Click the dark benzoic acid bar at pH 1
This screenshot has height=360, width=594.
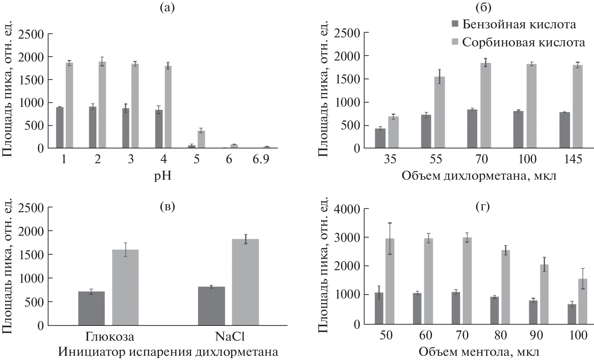click(x=60, y=128)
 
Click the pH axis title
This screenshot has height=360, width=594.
click(x=163, y=176)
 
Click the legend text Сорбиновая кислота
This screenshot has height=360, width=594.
click(x=523, y=42)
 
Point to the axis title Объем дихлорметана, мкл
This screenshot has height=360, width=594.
click(x=479, y=176)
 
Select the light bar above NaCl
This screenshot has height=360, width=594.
click(x=245, y=282)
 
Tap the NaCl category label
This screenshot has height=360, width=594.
click(x=230, y=336)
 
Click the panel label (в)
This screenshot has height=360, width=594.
click(x=168, y=207)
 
